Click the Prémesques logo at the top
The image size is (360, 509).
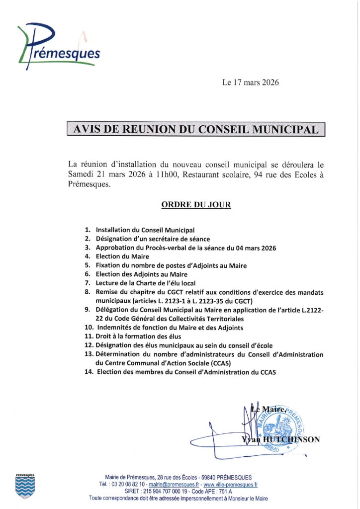(59, 46)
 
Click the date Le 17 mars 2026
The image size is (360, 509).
(250, 83)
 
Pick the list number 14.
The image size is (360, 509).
(89, 372)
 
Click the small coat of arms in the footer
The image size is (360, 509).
(25, 485)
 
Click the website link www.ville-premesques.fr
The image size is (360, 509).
(230, 484)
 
